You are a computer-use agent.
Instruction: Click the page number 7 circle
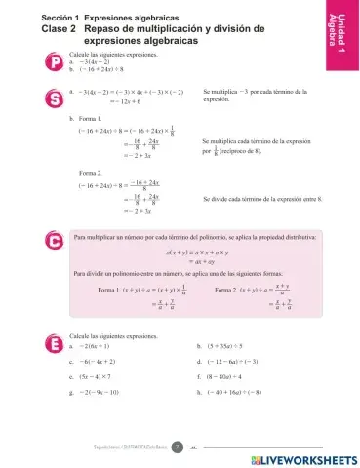pos(178,448)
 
